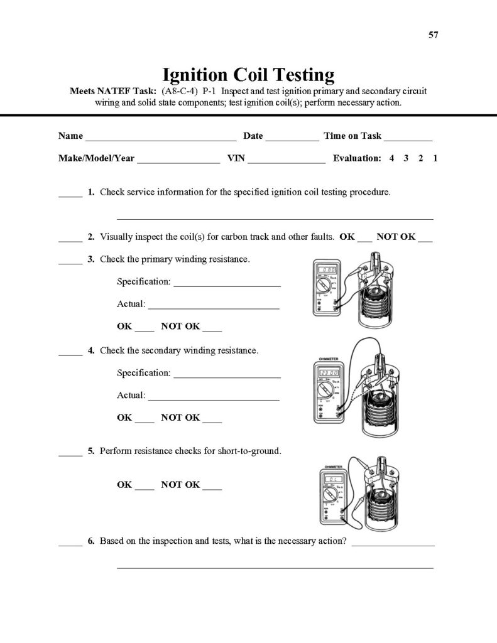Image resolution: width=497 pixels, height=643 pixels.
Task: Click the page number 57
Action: pos(434,35)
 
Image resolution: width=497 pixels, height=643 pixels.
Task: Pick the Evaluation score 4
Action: pos(391,159)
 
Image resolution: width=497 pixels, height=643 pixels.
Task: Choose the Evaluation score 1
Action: pos(435,159)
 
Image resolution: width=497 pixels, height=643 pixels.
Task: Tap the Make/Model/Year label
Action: pos(96,159)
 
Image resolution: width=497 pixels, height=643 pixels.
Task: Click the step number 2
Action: pos(91,237)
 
